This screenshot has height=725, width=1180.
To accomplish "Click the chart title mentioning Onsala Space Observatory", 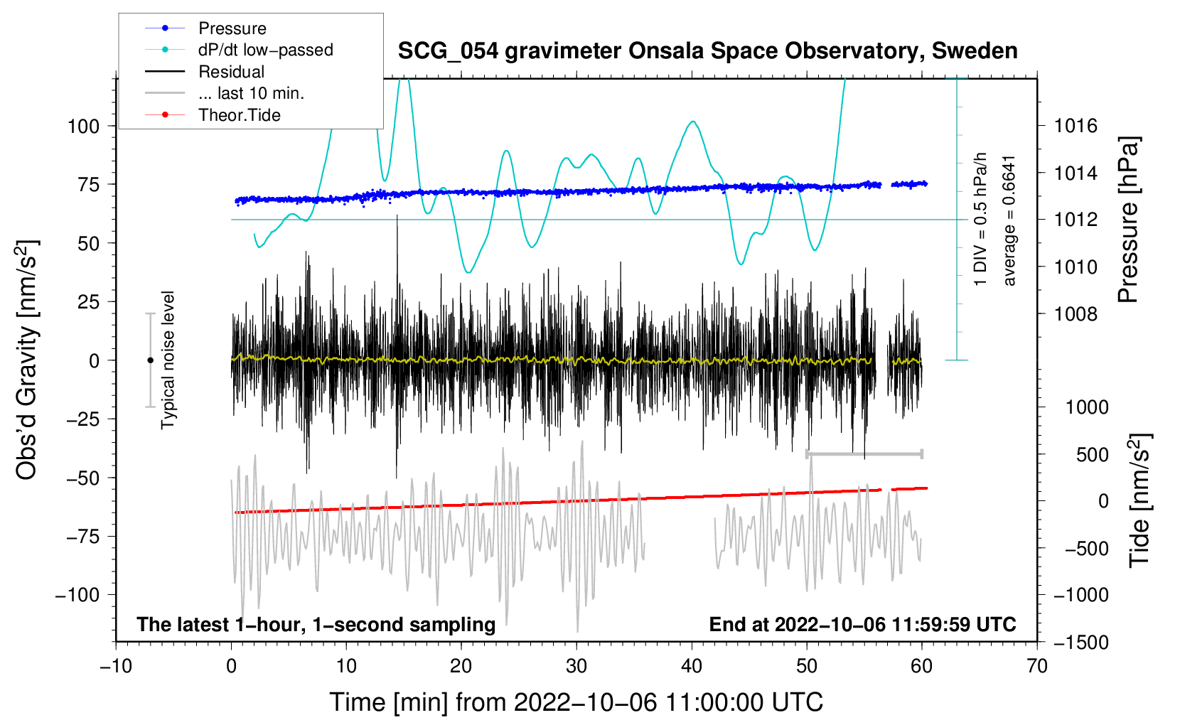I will (x=707, y=51).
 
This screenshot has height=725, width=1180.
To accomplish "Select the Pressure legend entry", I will (x=232, y=28).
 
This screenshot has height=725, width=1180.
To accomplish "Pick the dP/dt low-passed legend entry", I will (x=265, y=50).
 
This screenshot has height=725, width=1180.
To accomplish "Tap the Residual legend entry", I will (x=231, y=72).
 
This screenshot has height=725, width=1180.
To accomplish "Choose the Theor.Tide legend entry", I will (x=239, y=115).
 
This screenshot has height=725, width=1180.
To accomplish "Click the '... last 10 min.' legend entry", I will (x=251, y=93).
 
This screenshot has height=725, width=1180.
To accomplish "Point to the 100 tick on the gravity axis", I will (x=83, y=127).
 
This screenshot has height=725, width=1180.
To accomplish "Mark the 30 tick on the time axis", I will (x=576, y=666).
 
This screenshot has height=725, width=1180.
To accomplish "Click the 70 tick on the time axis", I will (x=1037, y=666).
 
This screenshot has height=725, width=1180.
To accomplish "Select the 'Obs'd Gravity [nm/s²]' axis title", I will (x=27, y=360).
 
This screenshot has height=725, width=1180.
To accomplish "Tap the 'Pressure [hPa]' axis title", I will (x=1129, y=220).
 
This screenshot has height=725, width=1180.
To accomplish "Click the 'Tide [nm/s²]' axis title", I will (x=1139, y=500).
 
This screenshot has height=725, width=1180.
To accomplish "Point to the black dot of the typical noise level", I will (x=150, y=360).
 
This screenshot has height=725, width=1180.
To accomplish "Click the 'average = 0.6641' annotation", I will (x=1009, y=220).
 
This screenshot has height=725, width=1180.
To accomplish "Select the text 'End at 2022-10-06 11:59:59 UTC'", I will (x=862, y=625).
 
